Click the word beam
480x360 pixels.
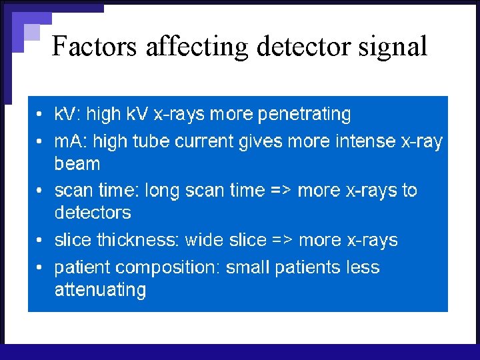77,164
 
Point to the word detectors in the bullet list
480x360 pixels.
93,213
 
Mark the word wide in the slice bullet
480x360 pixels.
204,240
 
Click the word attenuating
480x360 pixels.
100,290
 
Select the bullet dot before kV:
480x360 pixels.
40,115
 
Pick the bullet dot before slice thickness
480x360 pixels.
40,241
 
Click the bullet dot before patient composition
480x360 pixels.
40,268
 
